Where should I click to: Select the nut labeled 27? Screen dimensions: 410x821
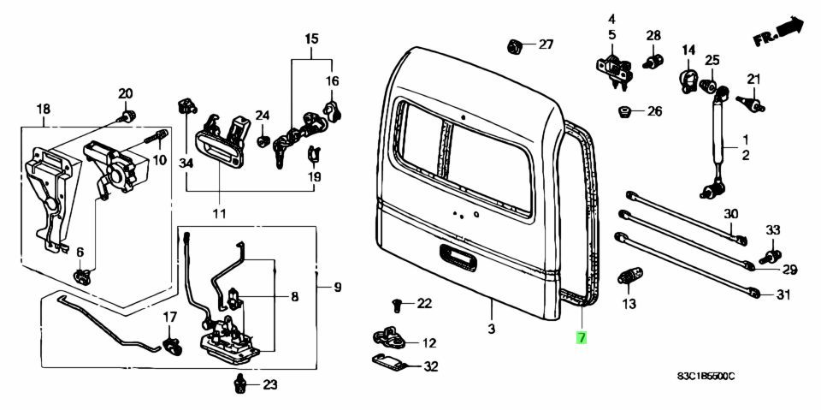coord(516,45)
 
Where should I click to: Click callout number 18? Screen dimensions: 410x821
coord(43,109)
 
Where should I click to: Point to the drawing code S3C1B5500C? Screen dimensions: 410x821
coord(706,377)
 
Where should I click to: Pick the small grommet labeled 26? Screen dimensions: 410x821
coord(625,111)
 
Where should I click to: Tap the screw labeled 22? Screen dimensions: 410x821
coord(397,303)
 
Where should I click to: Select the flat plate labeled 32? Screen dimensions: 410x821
coord(391,365)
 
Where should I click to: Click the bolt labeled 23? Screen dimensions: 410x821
coord(241,384)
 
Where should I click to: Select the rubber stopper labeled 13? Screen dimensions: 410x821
coord(629,278)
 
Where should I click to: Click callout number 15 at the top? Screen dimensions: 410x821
coord(311,39)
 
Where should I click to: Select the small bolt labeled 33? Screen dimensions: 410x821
coord(769,253)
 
